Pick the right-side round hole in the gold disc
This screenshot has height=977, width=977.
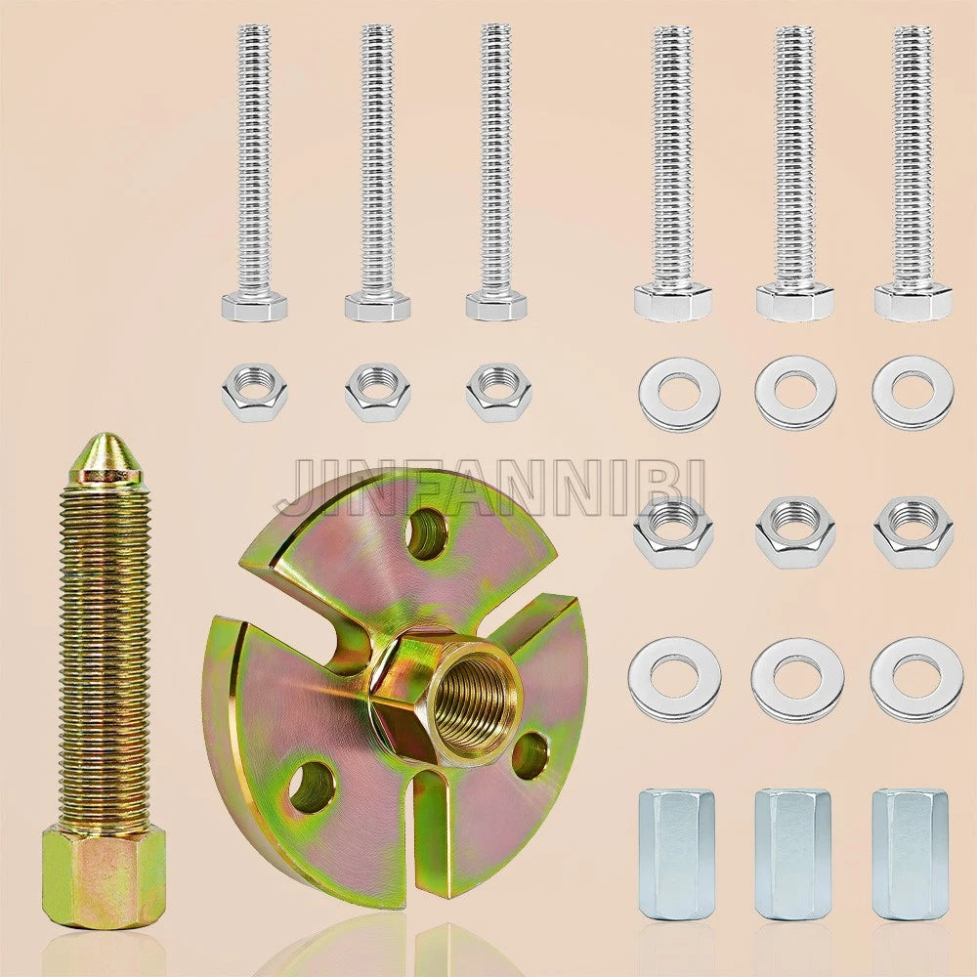pyautogui.click(x=531, y=756)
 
